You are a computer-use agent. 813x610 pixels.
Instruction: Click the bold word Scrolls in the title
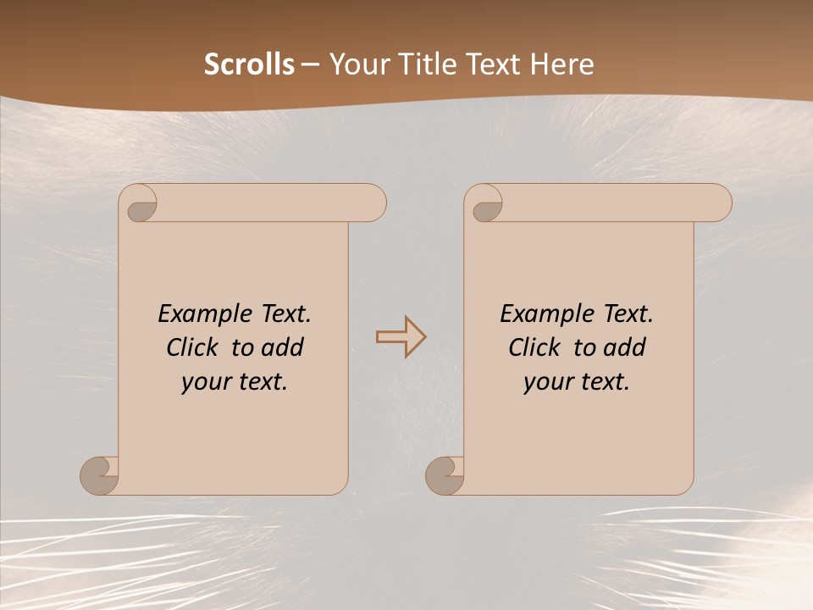point(249,64)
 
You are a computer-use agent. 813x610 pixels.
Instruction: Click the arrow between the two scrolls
point(401,337)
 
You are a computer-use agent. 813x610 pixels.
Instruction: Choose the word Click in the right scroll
point(534,347)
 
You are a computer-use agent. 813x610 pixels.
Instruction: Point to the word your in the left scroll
point(206,382)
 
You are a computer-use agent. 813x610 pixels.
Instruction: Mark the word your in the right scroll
point(548,382)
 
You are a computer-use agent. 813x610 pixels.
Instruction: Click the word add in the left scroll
point(283,347)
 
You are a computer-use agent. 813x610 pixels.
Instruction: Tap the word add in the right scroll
point(625,347)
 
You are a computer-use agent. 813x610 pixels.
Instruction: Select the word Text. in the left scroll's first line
point(284,314)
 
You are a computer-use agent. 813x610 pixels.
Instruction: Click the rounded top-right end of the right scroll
point(718,202)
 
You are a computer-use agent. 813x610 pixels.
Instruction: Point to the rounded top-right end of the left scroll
point(373,202)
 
